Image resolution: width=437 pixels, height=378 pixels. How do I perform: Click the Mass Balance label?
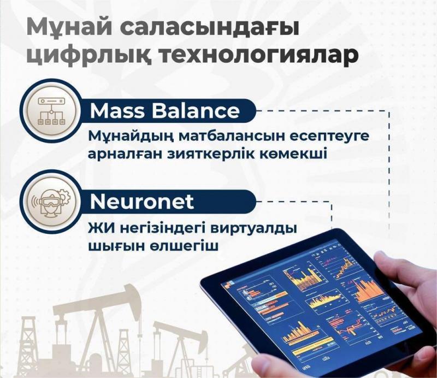(164, 111)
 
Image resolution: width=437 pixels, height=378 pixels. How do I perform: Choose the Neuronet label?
(141, 202)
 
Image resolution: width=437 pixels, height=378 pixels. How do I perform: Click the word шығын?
(113, 245)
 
